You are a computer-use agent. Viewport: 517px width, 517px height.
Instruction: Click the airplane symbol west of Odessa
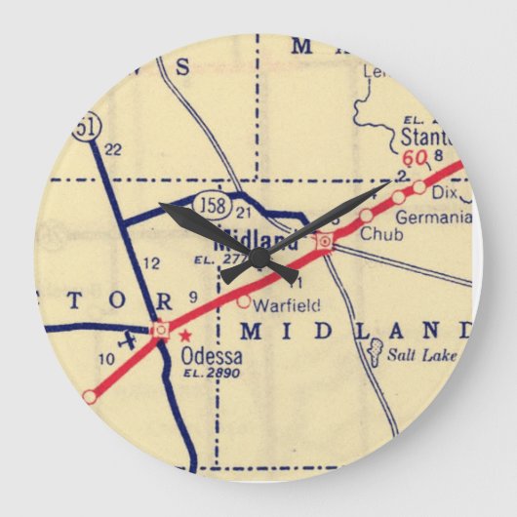126,343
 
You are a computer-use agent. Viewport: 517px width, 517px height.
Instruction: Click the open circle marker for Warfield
244,301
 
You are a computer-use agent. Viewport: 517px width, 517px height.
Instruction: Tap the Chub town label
376,234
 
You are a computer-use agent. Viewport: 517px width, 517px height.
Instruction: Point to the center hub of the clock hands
259,258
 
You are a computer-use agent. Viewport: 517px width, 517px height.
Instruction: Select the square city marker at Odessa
161,329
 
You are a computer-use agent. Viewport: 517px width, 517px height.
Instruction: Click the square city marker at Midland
325,240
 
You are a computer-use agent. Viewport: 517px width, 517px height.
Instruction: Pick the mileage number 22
111,149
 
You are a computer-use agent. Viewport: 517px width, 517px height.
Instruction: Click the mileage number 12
151,262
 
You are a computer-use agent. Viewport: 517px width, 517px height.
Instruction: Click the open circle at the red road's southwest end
90,396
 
